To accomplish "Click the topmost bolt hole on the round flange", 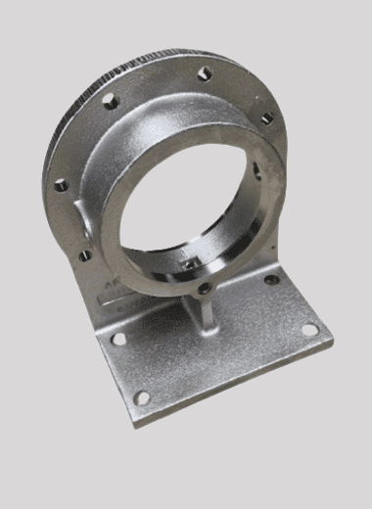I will click(205, 73).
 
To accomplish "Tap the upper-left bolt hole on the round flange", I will click(111, 100).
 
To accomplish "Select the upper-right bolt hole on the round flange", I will click(265, 118).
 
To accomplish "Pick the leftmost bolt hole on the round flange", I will click(61, 184).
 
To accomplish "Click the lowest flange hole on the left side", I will click(85, 255).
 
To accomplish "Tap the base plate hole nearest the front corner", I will click(142, 397).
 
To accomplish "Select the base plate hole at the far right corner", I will click(309, 329).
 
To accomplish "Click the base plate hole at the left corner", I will click(118, 339).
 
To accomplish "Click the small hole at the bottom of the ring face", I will click(204, 288).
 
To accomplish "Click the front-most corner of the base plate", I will click(135, 423).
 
